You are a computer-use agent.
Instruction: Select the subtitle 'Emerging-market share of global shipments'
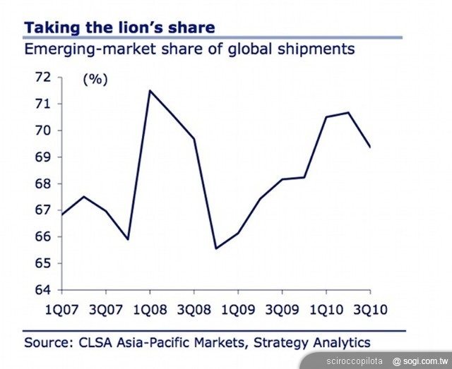tap(189, 49)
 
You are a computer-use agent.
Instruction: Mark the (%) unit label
tap(95, 79)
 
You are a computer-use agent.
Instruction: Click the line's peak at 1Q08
tap(150, 90)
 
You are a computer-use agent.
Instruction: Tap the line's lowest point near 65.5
tap(215, 248)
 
